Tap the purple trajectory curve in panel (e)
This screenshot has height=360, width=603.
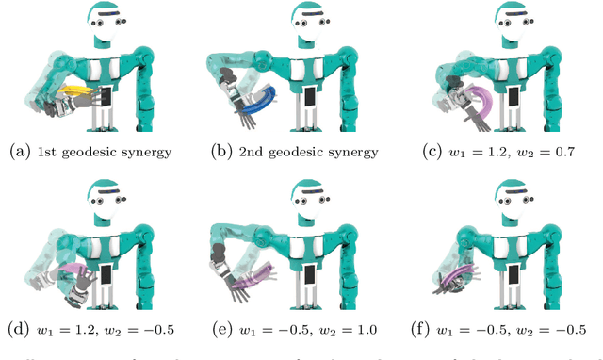point(253,277)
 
